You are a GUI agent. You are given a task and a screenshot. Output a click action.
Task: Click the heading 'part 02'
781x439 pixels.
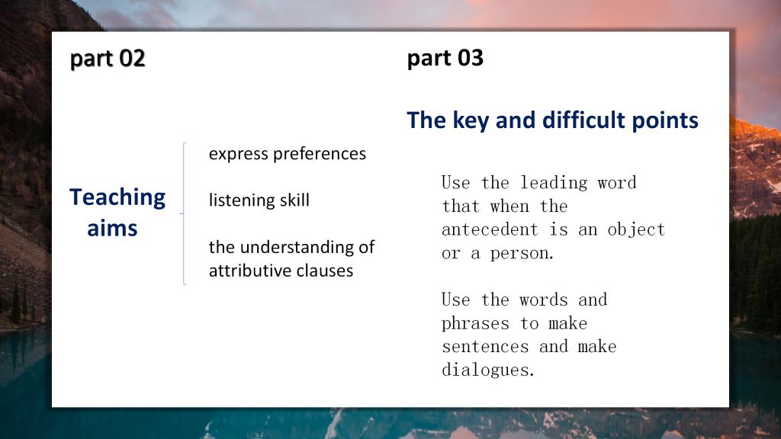point(108,59)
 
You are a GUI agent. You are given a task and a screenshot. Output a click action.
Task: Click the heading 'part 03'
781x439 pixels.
point(445,59)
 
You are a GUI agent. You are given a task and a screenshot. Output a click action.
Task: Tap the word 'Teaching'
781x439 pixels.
point(117,198)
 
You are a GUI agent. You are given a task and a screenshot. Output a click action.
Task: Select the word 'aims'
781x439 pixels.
point(112,229)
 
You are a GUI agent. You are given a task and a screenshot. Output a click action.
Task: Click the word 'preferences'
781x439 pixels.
point(320,154)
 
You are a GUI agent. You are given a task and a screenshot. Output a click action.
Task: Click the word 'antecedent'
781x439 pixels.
point(490,229)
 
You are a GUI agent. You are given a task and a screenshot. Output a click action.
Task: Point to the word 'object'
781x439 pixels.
point(637,230)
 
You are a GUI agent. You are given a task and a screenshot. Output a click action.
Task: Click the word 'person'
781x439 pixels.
point(522,254)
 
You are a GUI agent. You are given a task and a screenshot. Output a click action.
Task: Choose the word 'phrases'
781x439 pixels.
point(476,323)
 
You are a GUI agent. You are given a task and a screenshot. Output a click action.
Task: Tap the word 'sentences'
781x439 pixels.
point(486,347)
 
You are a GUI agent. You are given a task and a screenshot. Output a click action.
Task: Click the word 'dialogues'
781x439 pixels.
point(488,370)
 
